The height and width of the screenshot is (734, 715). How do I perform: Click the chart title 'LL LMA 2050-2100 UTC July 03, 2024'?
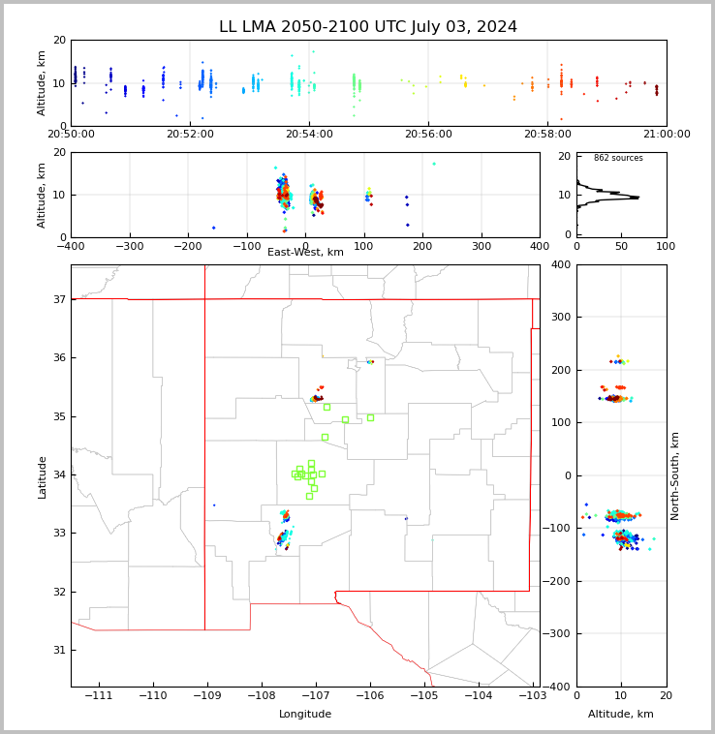pyautogui.click(x=368, y=27)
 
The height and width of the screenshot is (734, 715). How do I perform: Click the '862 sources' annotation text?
pyautogui.click(x=618, y=158)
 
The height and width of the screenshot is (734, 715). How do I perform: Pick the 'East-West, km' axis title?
pyautogui.click(x=305, y=253)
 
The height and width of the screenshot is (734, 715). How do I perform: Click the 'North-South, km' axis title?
pyautogui.click(x=675, y=475)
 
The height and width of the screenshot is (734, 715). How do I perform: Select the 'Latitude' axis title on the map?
pyautogui.click(x=42, y=476)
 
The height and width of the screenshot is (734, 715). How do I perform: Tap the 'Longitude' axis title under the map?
pyautogui.click(x=305, y=715)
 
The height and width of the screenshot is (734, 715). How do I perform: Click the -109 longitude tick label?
pyautogui.click(x=206, y=695)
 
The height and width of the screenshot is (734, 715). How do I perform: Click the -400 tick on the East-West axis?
pyautogui.click(x=71, y=246)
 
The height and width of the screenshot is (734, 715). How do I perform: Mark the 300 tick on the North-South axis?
pyautogui.click(x=559, y=318)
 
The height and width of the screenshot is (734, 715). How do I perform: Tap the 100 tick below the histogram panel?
pyautogui.click(x=666, y=246)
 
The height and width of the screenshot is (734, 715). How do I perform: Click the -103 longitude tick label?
pyautogui.click(x=531, y=695)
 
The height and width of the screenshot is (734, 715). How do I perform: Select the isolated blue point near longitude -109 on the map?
pyautogui.click(x=214, y=505)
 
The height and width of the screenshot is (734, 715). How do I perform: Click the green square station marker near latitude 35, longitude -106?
pyautogui.click(x=370, y=417)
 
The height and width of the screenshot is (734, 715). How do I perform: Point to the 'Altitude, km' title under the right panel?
pyautogui.click(x=621, y=715)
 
